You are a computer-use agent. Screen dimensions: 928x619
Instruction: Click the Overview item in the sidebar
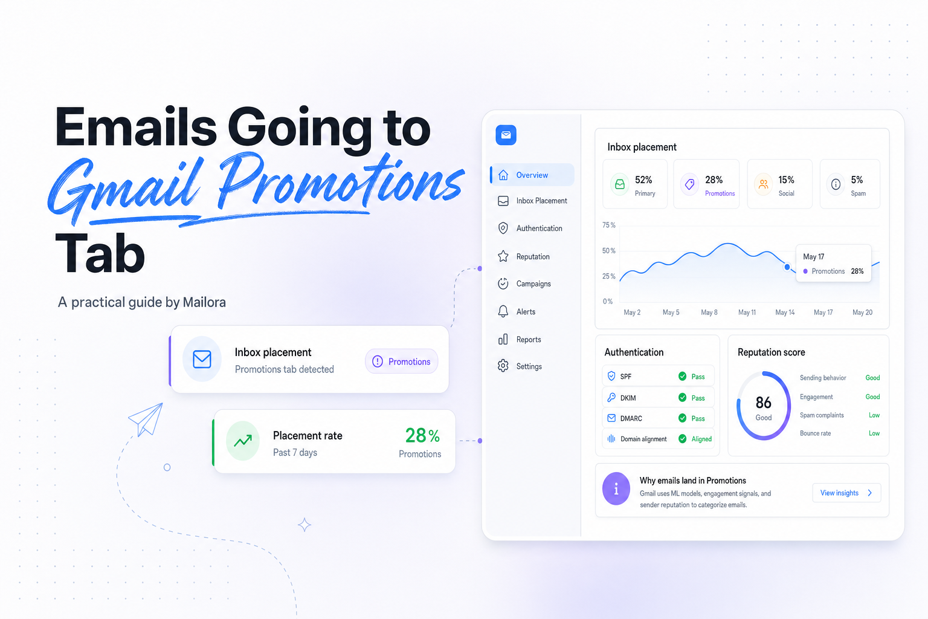coord(532,175)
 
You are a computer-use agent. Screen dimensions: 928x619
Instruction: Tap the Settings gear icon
coord(503,366)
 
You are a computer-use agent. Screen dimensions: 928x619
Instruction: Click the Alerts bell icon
coord(503,311)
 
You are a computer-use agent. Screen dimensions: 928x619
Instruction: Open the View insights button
coord(846,493)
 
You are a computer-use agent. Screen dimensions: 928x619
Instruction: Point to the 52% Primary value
coord(643,180)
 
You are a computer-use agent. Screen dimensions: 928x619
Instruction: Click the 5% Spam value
coord(857,180)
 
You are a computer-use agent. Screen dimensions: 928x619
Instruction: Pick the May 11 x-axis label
coord(747,312)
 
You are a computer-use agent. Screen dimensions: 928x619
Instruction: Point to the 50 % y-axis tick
coord(608,250)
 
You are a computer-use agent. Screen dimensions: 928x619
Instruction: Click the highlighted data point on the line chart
coord(787,267)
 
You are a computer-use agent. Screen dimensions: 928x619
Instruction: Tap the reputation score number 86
coord(763,402)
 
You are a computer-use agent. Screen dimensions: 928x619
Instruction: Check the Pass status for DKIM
coord(698,398)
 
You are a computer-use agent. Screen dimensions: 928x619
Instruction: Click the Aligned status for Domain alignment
coord(701,439)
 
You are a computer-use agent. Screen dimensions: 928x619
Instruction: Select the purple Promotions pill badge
coord(401,361)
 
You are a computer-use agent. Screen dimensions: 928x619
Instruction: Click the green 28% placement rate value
coord(422,435)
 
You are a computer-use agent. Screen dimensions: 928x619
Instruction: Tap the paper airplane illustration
coord(146,419)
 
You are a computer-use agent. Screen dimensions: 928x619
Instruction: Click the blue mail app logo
coord(506,135)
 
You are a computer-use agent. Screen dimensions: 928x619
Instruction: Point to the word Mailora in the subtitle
coord(204,302)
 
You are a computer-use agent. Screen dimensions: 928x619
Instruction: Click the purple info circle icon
coord(616,489)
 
